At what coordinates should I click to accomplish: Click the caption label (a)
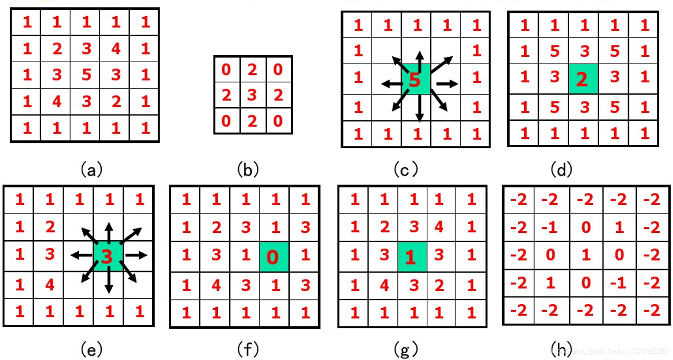[x=91, y=170]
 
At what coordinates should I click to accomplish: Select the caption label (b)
[x=248, y=170]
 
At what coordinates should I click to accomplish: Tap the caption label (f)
[x=248, y=349]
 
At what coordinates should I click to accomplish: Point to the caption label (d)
[x=561, y=170]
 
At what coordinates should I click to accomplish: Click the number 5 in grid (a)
[x=86, y=75]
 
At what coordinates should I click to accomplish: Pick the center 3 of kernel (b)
[x=252, y=95]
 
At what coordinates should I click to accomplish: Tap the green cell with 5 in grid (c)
[x=416, y=79]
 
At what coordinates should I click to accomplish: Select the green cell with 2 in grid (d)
[x=582, y=79]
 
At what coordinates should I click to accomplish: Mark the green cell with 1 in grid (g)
[x=412, y=256]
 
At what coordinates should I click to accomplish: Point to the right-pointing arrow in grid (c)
[x=446, y=84]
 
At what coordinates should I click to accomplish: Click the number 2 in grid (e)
[x=49, y=227]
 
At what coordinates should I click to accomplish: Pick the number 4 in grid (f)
[x=216, y=285]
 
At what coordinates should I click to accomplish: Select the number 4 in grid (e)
[x=49, y=284]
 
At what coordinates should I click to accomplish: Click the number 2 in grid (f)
[x=216, y=227]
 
